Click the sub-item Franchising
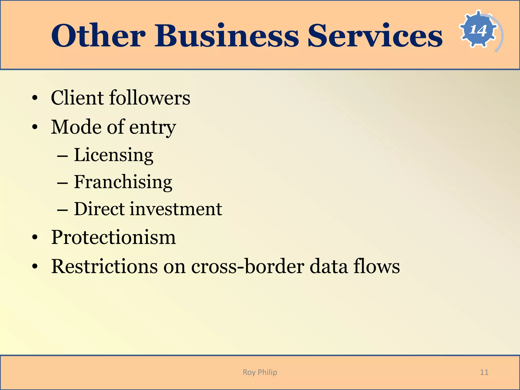[x=123, y=182]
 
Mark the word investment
[x=176, y=209]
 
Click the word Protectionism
[x=113, y=237]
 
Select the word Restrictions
[x=104, y=266]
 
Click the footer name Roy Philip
[x=260, y=372]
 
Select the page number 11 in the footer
[x=484, y=372]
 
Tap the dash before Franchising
[x=62, y=183]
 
